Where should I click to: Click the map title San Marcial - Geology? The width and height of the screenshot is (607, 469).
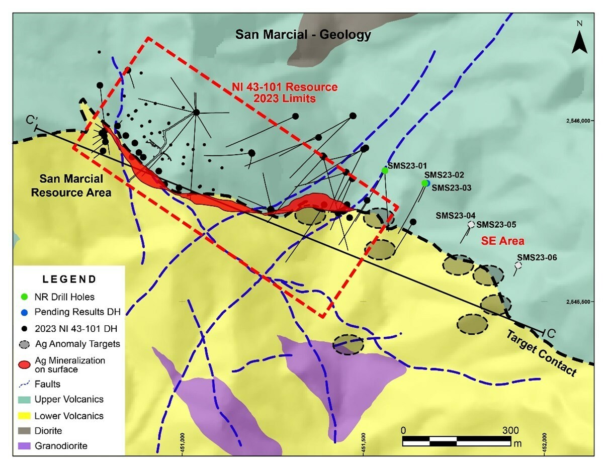(x=304, y=35)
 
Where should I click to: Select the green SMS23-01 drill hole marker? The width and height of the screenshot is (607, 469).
(x=385, y=170)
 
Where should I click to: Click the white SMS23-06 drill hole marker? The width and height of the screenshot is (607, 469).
(x=519, y=264)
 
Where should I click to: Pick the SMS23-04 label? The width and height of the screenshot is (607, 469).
(x=453, y=216)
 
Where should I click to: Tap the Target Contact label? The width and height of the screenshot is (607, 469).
(x=541, y=353)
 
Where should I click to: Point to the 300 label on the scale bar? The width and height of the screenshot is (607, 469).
(x=510, y=430)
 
